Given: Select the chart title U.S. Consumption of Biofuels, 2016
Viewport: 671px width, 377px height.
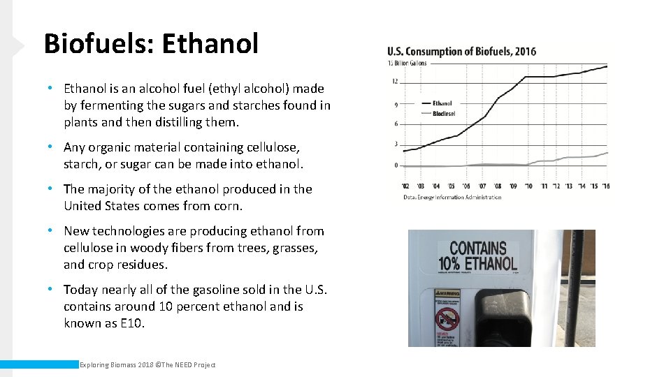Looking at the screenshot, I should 462,52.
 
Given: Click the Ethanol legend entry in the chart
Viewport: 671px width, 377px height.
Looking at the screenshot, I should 442,103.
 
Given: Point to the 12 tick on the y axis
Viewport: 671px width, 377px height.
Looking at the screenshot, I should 396,82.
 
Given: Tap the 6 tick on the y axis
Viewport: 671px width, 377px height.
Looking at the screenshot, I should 396,124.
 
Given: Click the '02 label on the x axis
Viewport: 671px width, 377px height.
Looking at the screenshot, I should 406,186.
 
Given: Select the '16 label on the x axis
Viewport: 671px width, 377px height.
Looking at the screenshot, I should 605,186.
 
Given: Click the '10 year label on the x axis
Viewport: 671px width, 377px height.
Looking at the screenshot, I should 528,186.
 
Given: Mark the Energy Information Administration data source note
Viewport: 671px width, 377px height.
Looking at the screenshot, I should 452,197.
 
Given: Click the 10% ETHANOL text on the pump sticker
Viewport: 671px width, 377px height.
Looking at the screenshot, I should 478,263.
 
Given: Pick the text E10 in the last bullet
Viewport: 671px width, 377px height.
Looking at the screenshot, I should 132,323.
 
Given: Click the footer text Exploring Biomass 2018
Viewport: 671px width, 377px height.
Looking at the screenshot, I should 116,364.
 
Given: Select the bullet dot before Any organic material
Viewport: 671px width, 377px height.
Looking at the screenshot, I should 51,147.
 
